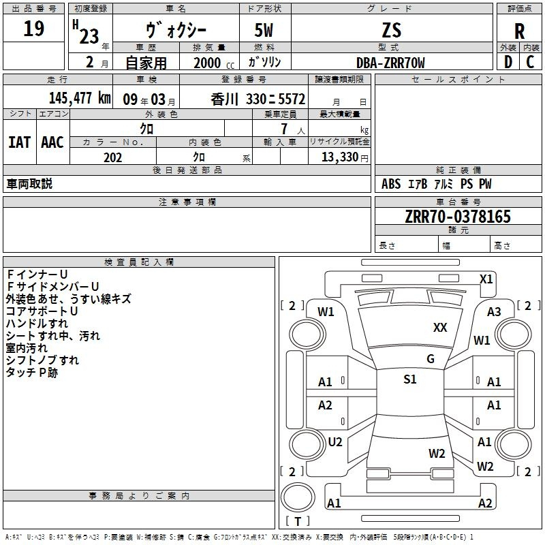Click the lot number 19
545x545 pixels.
33,28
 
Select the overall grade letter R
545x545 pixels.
519,31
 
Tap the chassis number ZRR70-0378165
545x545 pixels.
458,216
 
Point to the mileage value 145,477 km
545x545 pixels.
80,97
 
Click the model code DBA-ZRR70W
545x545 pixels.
390,63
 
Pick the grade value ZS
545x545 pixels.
392,30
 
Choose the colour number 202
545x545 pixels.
112,157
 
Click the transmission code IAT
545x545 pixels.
19,142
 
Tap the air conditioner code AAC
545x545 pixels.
52,142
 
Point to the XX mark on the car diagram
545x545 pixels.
440,328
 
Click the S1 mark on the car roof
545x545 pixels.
410,379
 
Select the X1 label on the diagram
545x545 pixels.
486,279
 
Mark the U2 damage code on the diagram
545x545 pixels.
335,442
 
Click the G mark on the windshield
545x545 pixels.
431,359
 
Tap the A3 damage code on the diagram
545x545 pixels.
494,312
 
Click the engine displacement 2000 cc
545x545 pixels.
214,63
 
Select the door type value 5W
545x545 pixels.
264,30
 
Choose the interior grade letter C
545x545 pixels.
530,62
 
